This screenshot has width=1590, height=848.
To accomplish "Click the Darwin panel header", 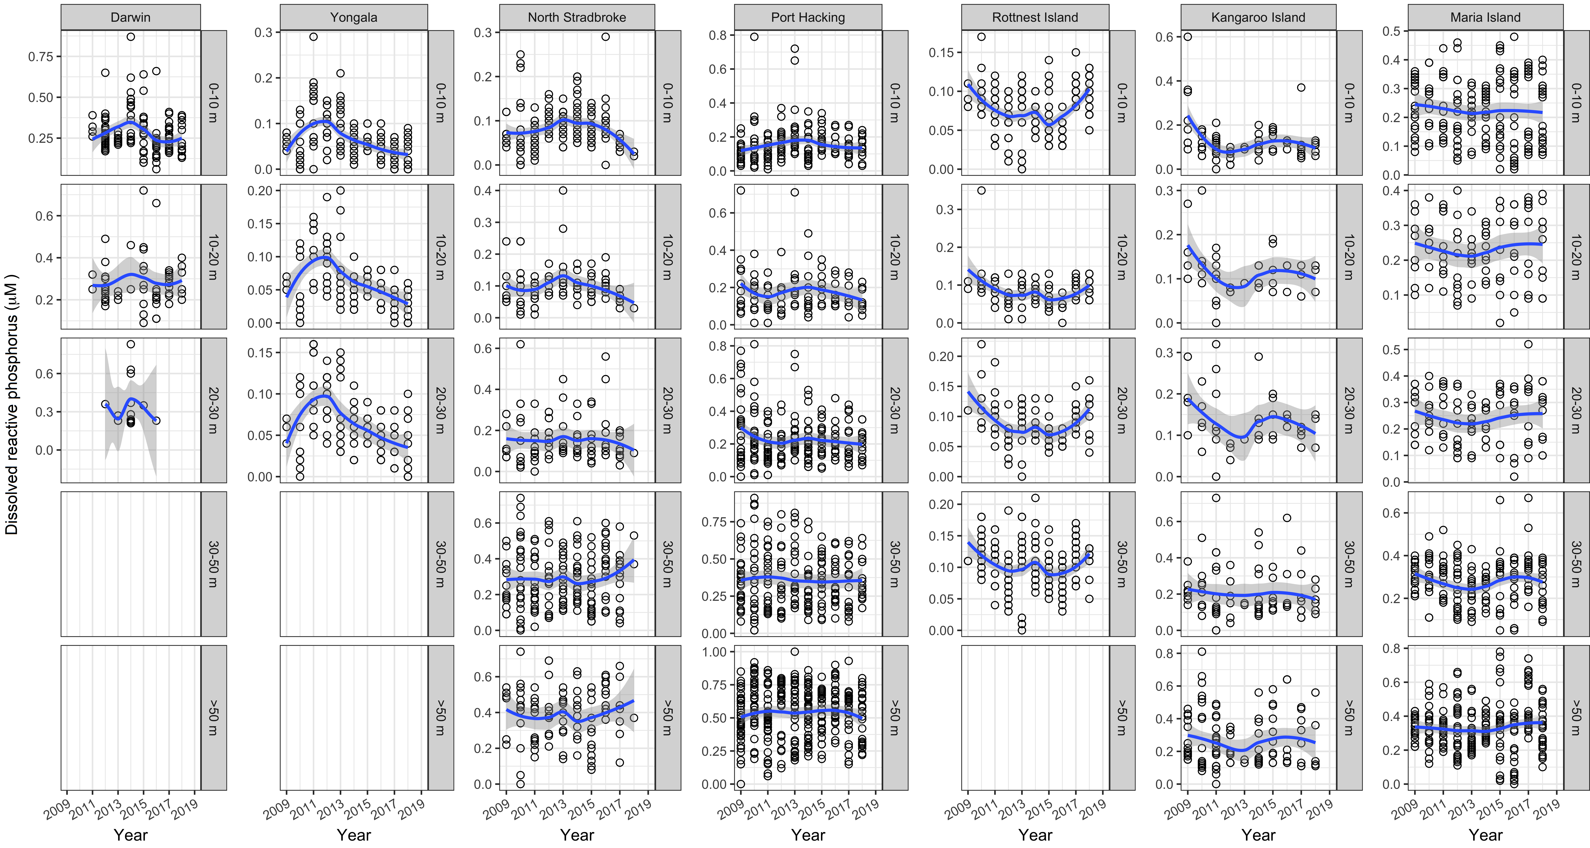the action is tap(130, 17).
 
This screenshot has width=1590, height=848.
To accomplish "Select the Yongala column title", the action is tap(354, 17).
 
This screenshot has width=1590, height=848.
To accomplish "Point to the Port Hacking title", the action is tap(808, 17).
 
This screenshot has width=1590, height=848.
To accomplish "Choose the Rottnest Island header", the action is tap(1035, 17).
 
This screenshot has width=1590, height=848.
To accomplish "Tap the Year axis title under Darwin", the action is tap(130, 835).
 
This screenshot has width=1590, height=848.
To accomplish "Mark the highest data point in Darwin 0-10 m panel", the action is tap(131, 36).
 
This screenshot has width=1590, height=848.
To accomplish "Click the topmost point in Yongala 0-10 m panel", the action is tap(314, 36).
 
